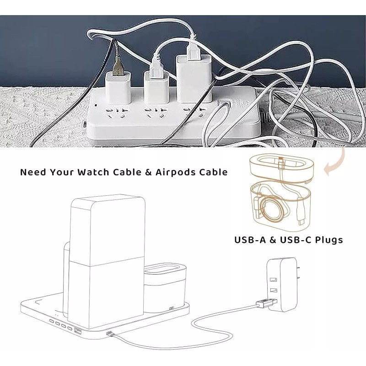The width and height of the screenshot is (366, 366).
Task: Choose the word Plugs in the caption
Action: point(331,239)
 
